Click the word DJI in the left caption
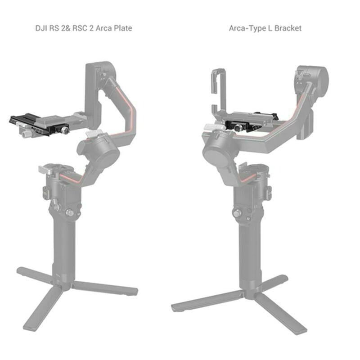[x=42, y=28]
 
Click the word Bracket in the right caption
[x=287, y=28]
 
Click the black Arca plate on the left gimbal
[x=31, y=121]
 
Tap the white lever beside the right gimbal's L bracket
[x=211, y=128]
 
